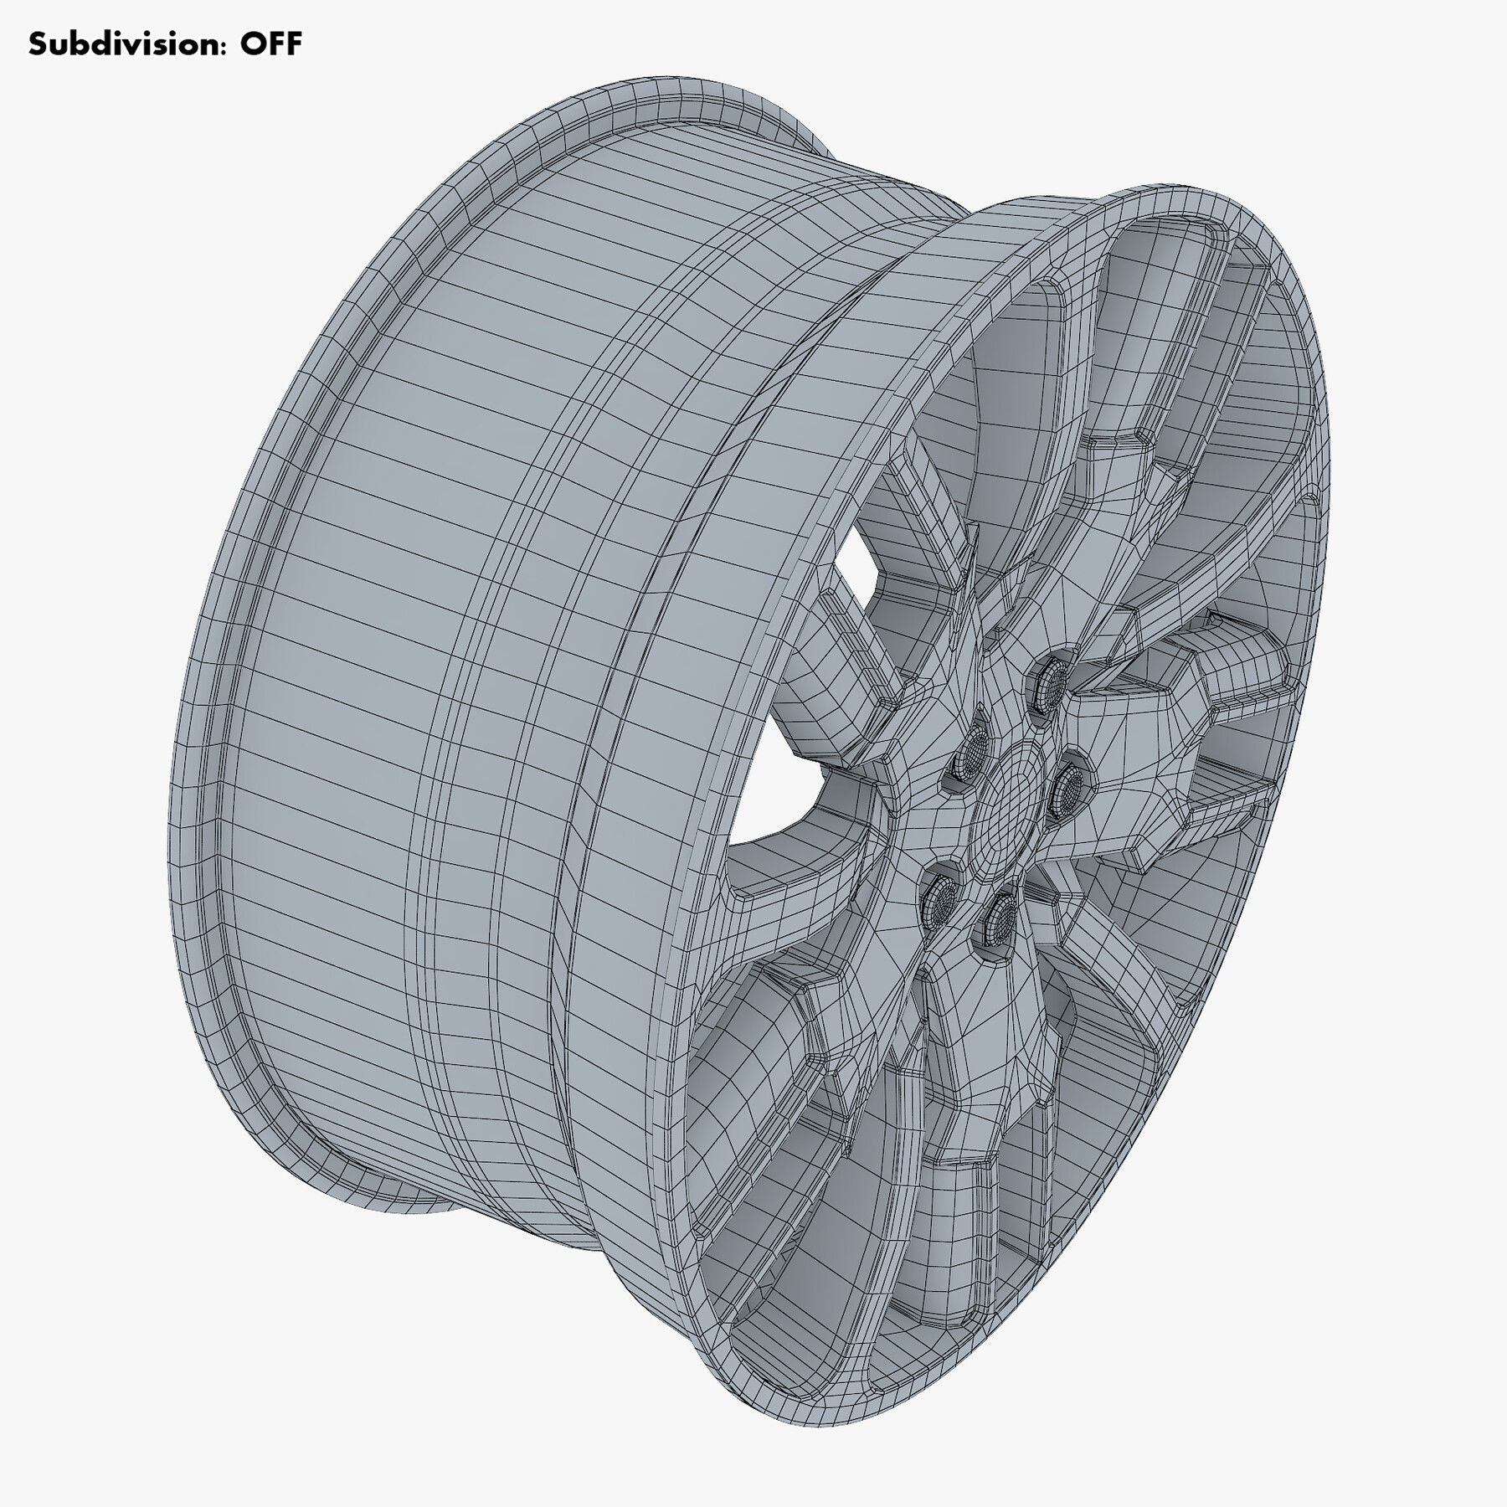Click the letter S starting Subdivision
[36, 44]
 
